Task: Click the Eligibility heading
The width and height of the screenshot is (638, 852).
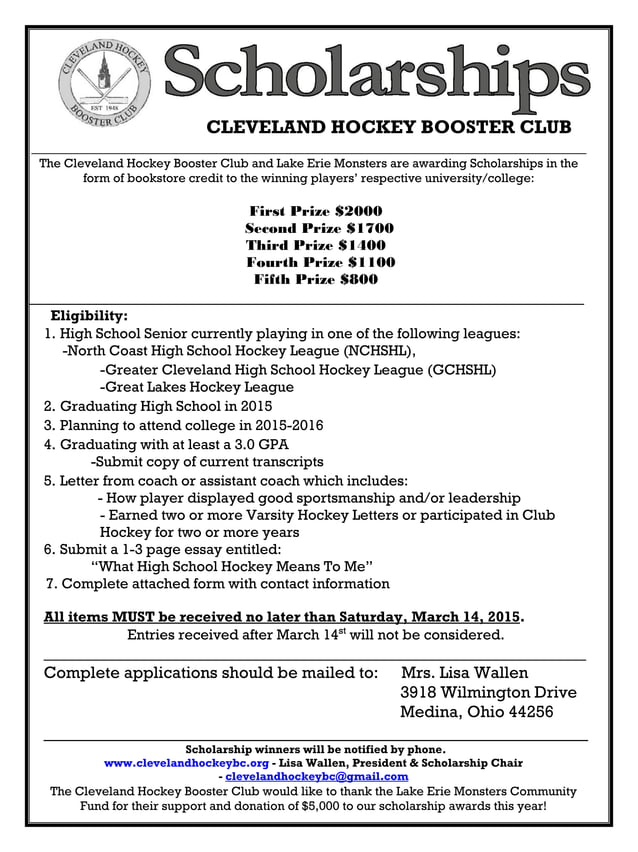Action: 89,315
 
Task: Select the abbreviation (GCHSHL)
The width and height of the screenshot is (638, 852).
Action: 462,369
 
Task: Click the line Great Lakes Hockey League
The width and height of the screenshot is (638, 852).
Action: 196,387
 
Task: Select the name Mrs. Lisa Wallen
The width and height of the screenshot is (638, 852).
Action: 464,672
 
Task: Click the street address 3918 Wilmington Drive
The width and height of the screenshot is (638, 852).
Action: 488,692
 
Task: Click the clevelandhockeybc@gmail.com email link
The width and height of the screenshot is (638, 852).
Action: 316,776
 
